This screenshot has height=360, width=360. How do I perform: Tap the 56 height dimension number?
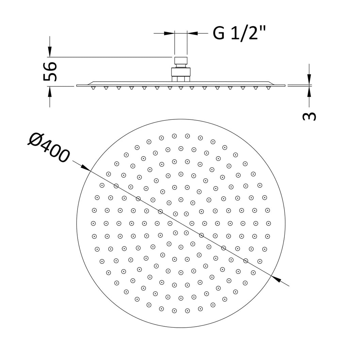[x=50, y=71]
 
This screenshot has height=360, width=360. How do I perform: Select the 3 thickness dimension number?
[x=309, y=116]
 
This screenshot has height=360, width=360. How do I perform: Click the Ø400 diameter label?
[x=48, y=148]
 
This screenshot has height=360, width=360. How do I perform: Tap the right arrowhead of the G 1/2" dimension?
[x=192, y=33]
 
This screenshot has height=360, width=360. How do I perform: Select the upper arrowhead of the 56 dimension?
[x=50, y=51]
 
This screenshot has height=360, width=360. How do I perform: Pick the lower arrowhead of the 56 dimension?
[x=50, y=92]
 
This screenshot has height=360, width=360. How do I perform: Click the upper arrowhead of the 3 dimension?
[x=309, y=79]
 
